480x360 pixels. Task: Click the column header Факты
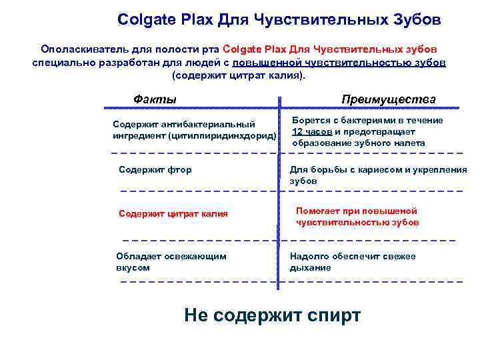(155, 99)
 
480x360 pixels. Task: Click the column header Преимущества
(389, 99)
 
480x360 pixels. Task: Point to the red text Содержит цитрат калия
(173, 214)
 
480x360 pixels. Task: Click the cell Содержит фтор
(155, 170)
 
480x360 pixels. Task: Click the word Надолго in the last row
(310, 256)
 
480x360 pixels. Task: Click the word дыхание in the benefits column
(310, 268)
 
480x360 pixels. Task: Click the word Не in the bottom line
(197, 315)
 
